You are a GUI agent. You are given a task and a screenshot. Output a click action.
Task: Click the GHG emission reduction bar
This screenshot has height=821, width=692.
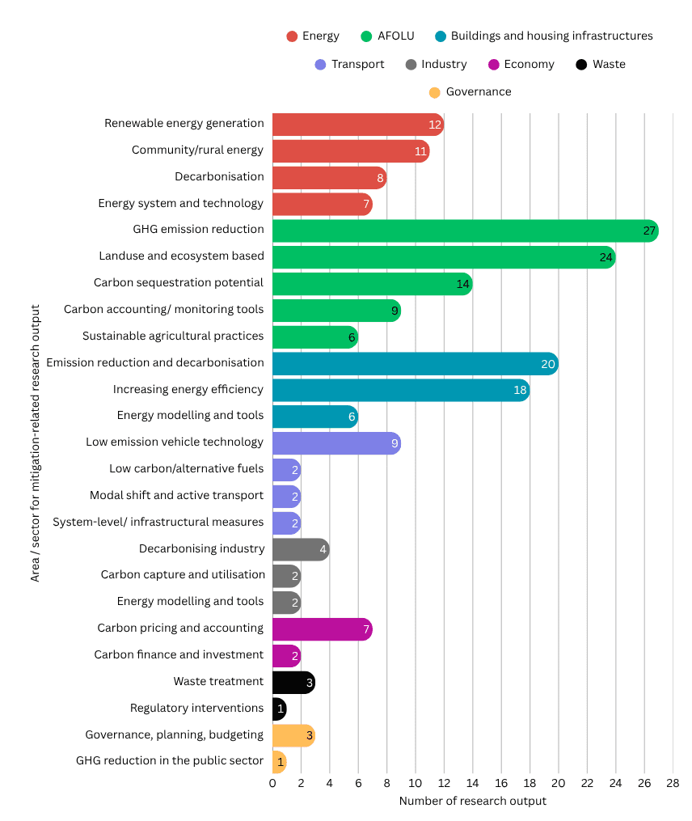(465, 231)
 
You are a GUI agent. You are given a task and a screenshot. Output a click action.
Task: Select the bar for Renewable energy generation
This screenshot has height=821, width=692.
(357, 125)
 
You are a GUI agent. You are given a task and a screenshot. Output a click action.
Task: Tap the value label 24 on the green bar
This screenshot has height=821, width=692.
(606, 257)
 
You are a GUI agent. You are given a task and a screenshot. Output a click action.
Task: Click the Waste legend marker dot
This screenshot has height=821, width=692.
(582, 65)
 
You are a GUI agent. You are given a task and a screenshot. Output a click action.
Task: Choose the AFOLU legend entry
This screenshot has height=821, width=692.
(388, 36)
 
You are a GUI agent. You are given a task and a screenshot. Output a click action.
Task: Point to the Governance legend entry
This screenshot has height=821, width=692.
(470, 92)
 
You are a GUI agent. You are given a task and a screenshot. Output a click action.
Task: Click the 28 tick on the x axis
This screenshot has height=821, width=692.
(673, 783)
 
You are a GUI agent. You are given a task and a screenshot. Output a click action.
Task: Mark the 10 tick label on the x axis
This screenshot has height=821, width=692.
(416, 783)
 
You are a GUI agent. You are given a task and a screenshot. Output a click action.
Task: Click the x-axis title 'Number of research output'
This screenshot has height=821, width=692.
(472, 801)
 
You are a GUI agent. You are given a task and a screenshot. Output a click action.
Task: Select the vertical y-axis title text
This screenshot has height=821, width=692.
(35, 442)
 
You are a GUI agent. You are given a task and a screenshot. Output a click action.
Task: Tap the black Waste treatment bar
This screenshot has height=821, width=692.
(293, 682)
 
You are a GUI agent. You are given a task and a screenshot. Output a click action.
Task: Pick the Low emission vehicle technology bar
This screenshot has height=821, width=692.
(335, 442)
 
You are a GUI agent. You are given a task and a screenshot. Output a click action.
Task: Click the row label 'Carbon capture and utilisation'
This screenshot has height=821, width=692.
(183, 574)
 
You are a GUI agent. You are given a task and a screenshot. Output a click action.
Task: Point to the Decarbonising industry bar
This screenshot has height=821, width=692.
(300, 549)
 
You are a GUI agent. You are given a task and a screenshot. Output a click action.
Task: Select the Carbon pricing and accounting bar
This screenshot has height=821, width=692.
(322, 628)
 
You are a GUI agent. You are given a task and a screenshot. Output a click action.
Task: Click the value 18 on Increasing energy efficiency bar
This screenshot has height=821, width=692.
(521, 390)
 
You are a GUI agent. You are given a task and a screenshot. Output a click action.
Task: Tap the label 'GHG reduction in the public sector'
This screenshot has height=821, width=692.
(170, 760)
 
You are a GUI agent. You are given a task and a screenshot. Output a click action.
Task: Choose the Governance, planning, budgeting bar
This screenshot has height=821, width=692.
(293, 735)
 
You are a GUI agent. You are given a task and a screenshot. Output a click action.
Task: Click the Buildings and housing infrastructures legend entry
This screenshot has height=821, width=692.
(543, 36)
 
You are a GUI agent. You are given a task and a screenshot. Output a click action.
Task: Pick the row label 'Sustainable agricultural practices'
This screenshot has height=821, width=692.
(173, 336)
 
